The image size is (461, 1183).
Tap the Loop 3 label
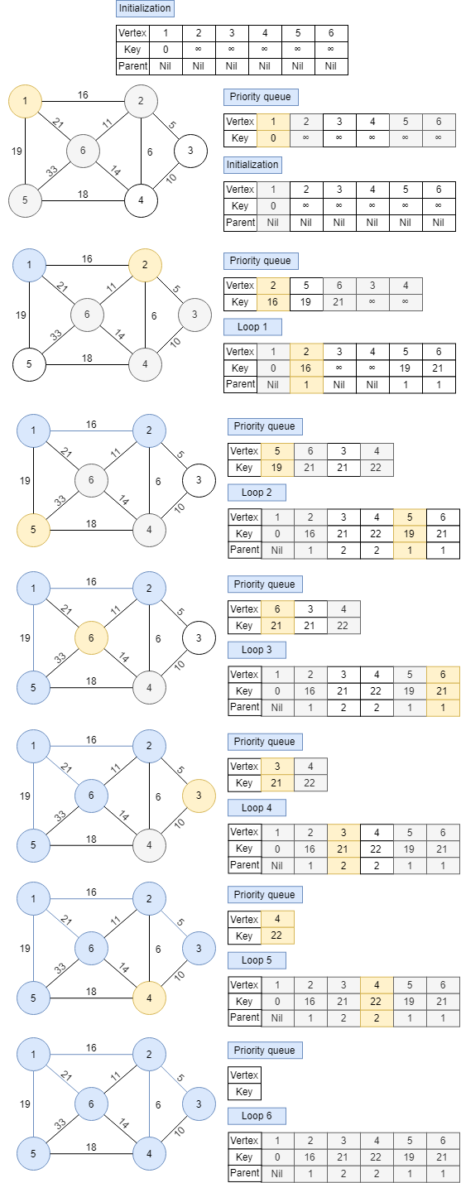pos(257,650)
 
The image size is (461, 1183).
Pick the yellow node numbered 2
pos(145,266)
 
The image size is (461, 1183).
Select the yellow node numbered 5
pos(34,530)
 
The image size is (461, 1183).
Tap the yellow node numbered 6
pos(91,638)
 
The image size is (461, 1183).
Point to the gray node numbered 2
pos(141,102)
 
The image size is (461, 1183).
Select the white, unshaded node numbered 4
pos(142,200)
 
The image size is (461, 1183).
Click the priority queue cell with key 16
pos(273,302)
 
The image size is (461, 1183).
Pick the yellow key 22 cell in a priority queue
pos(276,935)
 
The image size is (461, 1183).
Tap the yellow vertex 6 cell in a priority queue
pos(276,608)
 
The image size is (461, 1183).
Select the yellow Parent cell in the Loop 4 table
pos(343,865)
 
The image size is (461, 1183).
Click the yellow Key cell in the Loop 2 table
pos(410,534)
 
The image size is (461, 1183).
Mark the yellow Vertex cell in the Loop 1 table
pos(306,351)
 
